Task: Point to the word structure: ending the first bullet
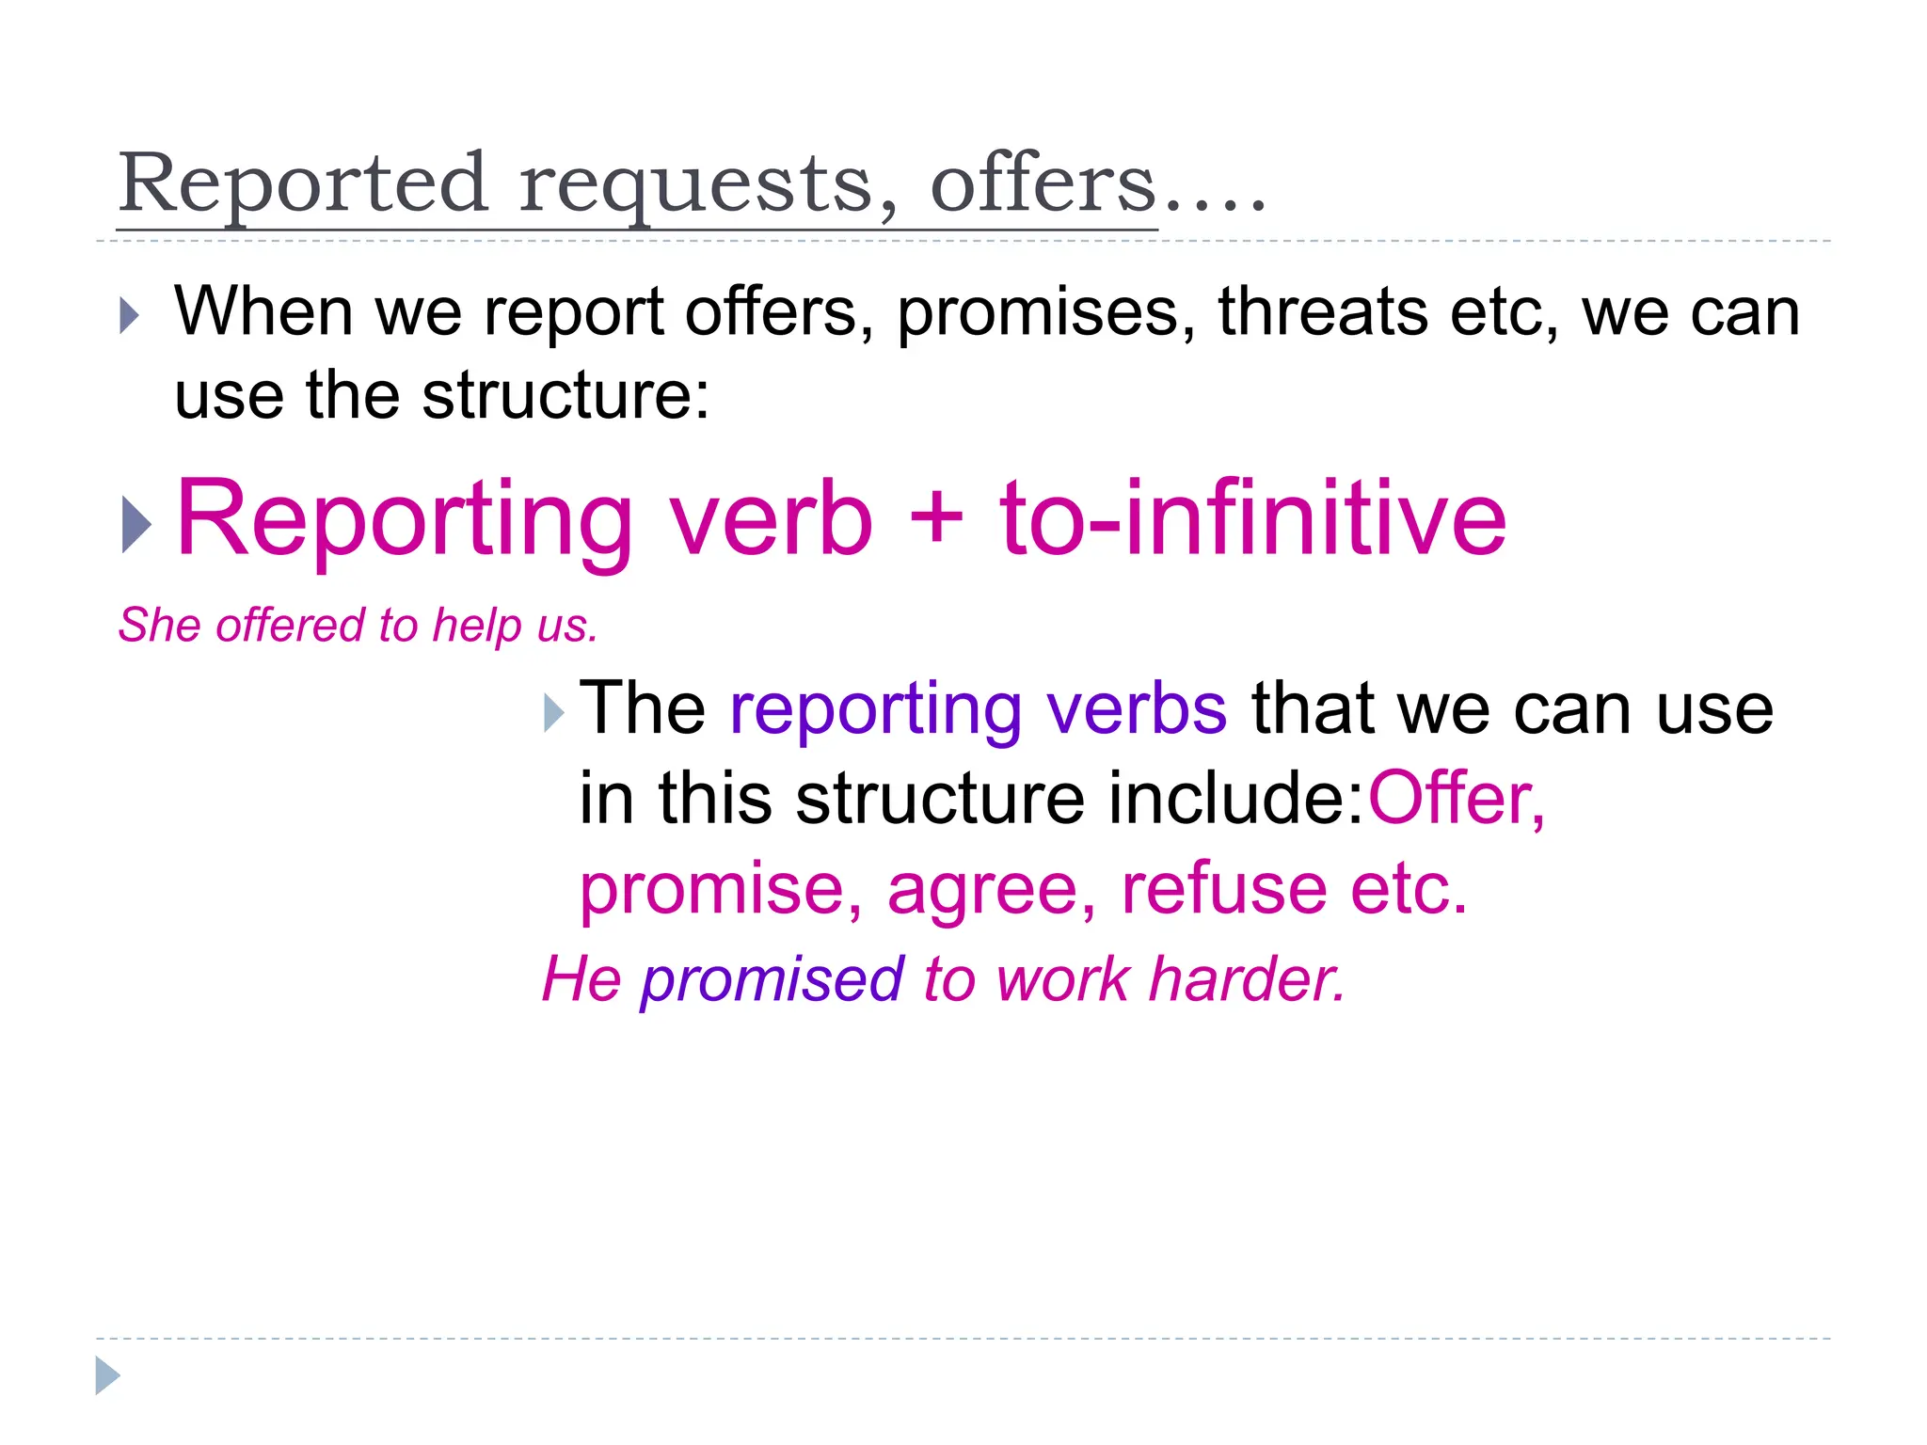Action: click(565, 395)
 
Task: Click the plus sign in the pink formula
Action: click(936, 519)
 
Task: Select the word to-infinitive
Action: click(1252, 519)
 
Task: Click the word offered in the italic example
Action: click(291, 625)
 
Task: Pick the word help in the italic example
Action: click(476, 627)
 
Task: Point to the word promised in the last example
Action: click(772, 980)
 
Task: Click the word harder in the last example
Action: click(1247, 979)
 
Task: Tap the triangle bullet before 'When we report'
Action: click(130, 316)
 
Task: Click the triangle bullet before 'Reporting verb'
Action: click(136, 524)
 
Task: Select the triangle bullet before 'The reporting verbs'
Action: click(554, 713)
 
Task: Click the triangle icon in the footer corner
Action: click(107, 1375)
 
